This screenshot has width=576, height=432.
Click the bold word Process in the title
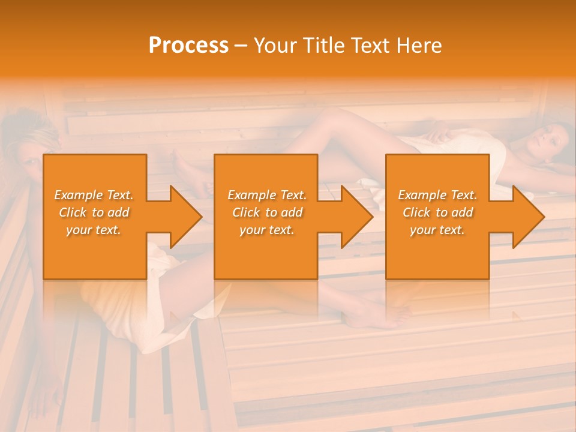tap(188, 45)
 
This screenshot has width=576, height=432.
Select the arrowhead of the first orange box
tap(184, 217)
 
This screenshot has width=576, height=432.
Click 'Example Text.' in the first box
tap(94, 195)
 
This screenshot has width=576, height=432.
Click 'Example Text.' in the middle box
tap(267, 195)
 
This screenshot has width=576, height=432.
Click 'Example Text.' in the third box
tap(437, 195)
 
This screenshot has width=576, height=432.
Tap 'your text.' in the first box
tap(94, 230)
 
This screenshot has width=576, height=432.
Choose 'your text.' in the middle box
tap(267, 230)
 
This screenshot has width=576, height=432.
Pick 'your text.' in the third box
tap(437, 230)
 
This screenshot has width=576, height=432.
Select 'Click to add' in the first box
tap(94, 212)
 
